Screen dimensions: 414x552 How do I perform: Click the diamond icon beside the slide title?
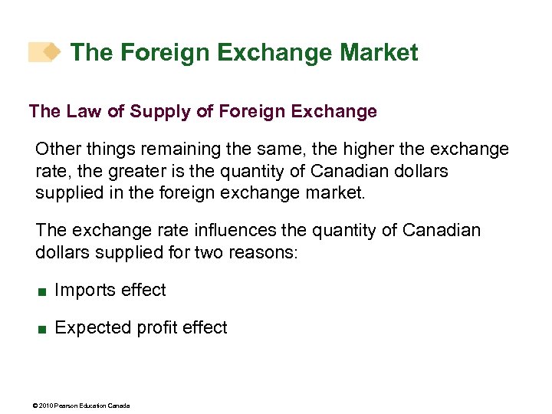coord(51,51)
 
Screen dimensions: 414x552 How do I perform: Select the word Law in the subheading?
coord(79,112)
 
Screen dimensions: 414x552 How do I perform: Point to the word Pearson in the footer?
coord(66,405)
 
